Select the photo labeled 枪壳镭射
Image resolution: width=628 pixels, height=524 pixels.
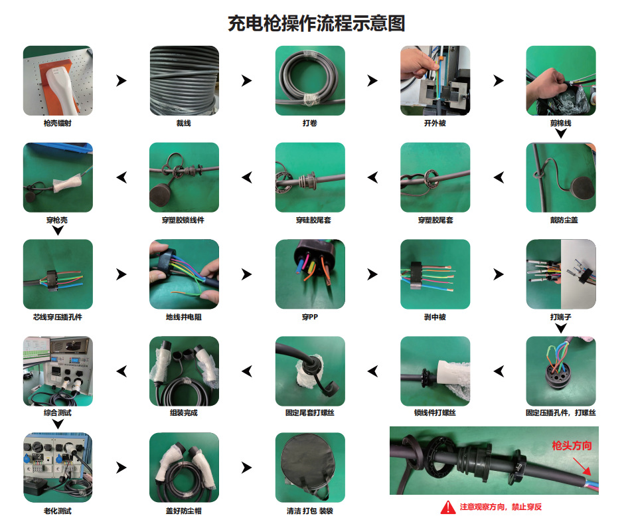(x=58, y=80)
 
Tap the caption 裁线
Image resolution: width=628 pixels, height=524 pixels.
(x=184, y=123)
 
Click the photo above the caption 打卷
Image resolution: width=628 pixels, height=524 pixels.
(x=310, y=80)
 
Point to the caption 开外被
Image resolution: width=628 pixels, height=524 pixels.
(x=435, y=123)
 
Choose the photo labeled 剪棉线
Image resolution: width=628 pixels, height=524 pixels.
(x=561, y=80)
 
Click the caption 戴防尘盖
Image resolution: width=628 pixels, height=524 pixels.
(x=561, y=220)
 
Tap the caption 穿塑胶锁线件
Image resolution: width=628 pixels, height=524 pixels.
(x=184, y=220)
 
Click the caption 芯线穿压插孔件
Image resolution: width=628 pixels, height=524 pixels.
(x=58, y=317)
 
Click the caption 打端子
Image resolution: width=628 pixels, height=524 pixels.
(x=561, y=317)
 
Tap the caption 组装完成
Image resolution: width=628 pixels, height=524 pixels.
(x=184, y=413)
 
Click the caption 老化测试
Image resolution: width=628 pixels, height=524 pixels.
(x=58, y=511)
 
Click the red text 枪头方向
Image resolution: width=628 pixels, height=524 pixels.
(x=572, y=446)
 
